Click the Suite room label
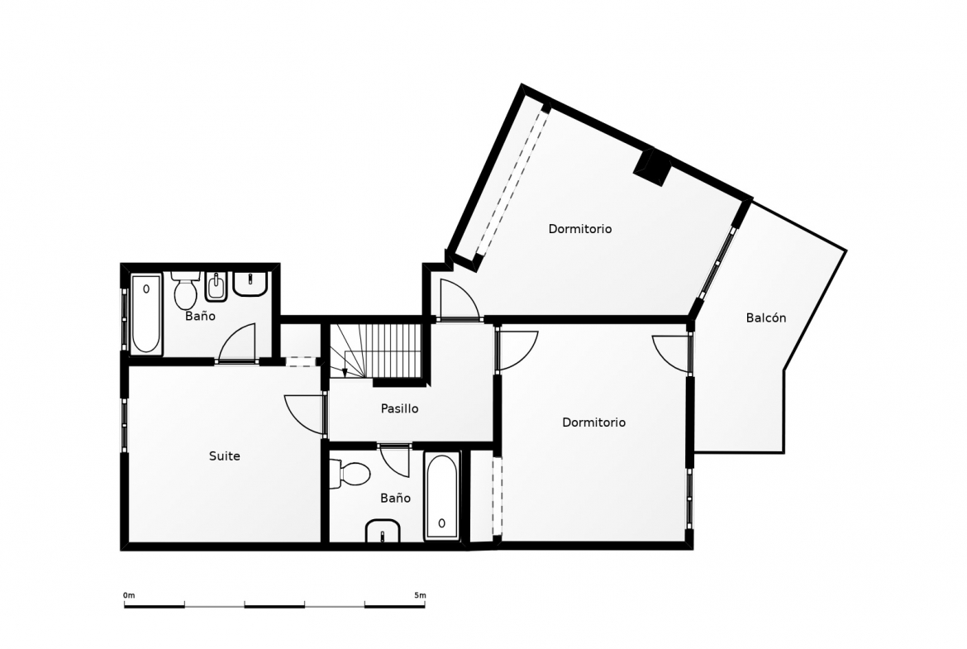pyautogui.click(x=225, y=456)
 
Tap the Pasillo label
pyautogui.click(x=400, y=408)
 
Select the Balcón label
pyautogui.click(x=766, y=317)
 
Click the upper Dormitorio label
pyautogui.click(x=580, y=229)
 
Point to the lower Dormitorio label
pyautogui.click(x=594, y=422)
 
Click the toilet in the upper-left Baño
pyautogui.click(x=185, y=291)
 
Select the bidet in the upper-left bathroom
pyautogui.click(x=217, y=287)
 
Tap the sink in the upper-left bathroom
pyautogui.click(x=250, y=284)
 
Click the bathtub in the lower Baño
pyautogui.click(x=441, y=497)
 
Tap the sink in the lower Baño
pyautogui.click(x=383, y=531)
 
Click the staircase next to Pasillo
pyautogui.click(x=375, y=351)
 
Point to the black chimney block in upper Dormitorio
pyautogui.click(x=653, y=166)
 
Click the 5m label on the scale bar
pyautogui.click(x=419, y=595)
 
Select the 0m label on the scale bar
pyautogui.click(x=129, y=595)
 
